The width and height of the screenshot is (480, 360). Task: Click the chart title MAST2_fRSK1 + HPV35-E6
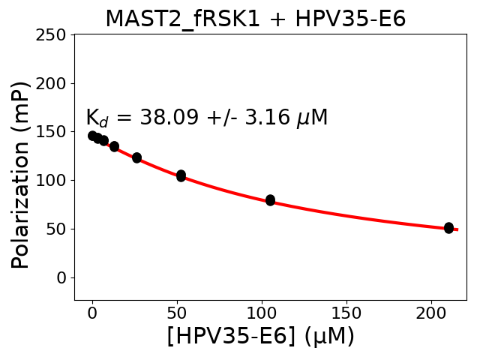[255, 19]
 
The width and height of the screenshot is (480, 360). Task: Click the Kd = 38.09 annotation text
[206, 118]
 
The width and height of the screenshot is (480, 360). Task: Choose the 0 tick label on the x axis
[92, 313]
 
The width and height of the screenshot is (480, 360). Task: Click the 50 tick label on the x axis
[177, 313]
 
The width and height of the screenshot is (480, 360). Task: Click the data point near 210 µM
[448, 228]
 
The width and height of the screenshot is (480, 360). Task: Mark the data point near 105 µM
[270, 200]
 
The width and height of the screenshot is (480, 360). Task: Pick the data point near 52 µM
[181, 175]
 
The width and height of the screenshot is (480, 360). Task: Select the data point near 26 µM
[136, 157]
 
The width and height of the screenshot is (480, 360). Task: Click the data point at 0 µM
[92, 136]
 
